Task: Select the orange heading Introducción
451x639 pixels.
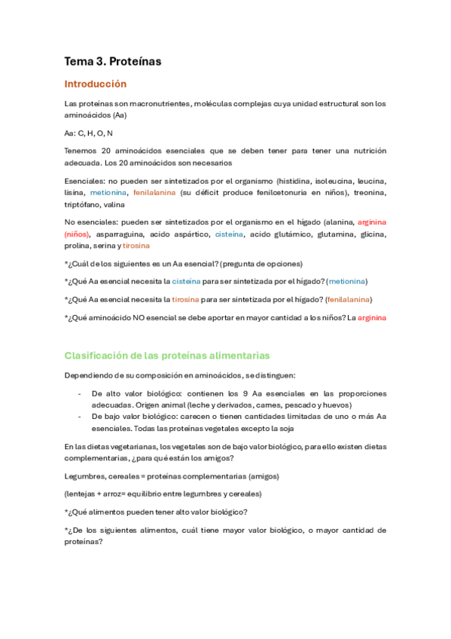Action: (x=96, y=84)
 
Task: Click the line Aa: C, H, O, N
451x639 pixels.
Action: (x=89, y=133)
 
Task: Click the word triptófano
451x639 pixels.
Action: (x=82, y=203)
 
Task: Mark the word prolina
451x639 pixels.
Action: (x=78, y=246)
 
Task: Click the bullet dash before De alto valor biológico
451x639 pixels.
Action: (x=80, y=393)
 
